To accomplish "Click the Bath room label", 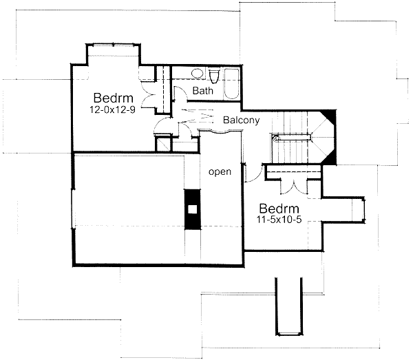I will tap(203, 91).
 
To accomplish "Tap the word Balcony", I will tap(241, 120).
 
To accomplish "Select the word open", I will tap(220, 171).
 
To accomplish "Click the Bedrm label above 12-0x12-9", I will tap(109, 97).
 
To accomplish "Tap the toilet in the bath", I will tap(213, 74).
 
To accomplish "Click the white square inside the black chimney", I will tap(193, 210).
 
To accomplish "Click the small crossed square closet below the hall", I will tap(163, 145).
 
